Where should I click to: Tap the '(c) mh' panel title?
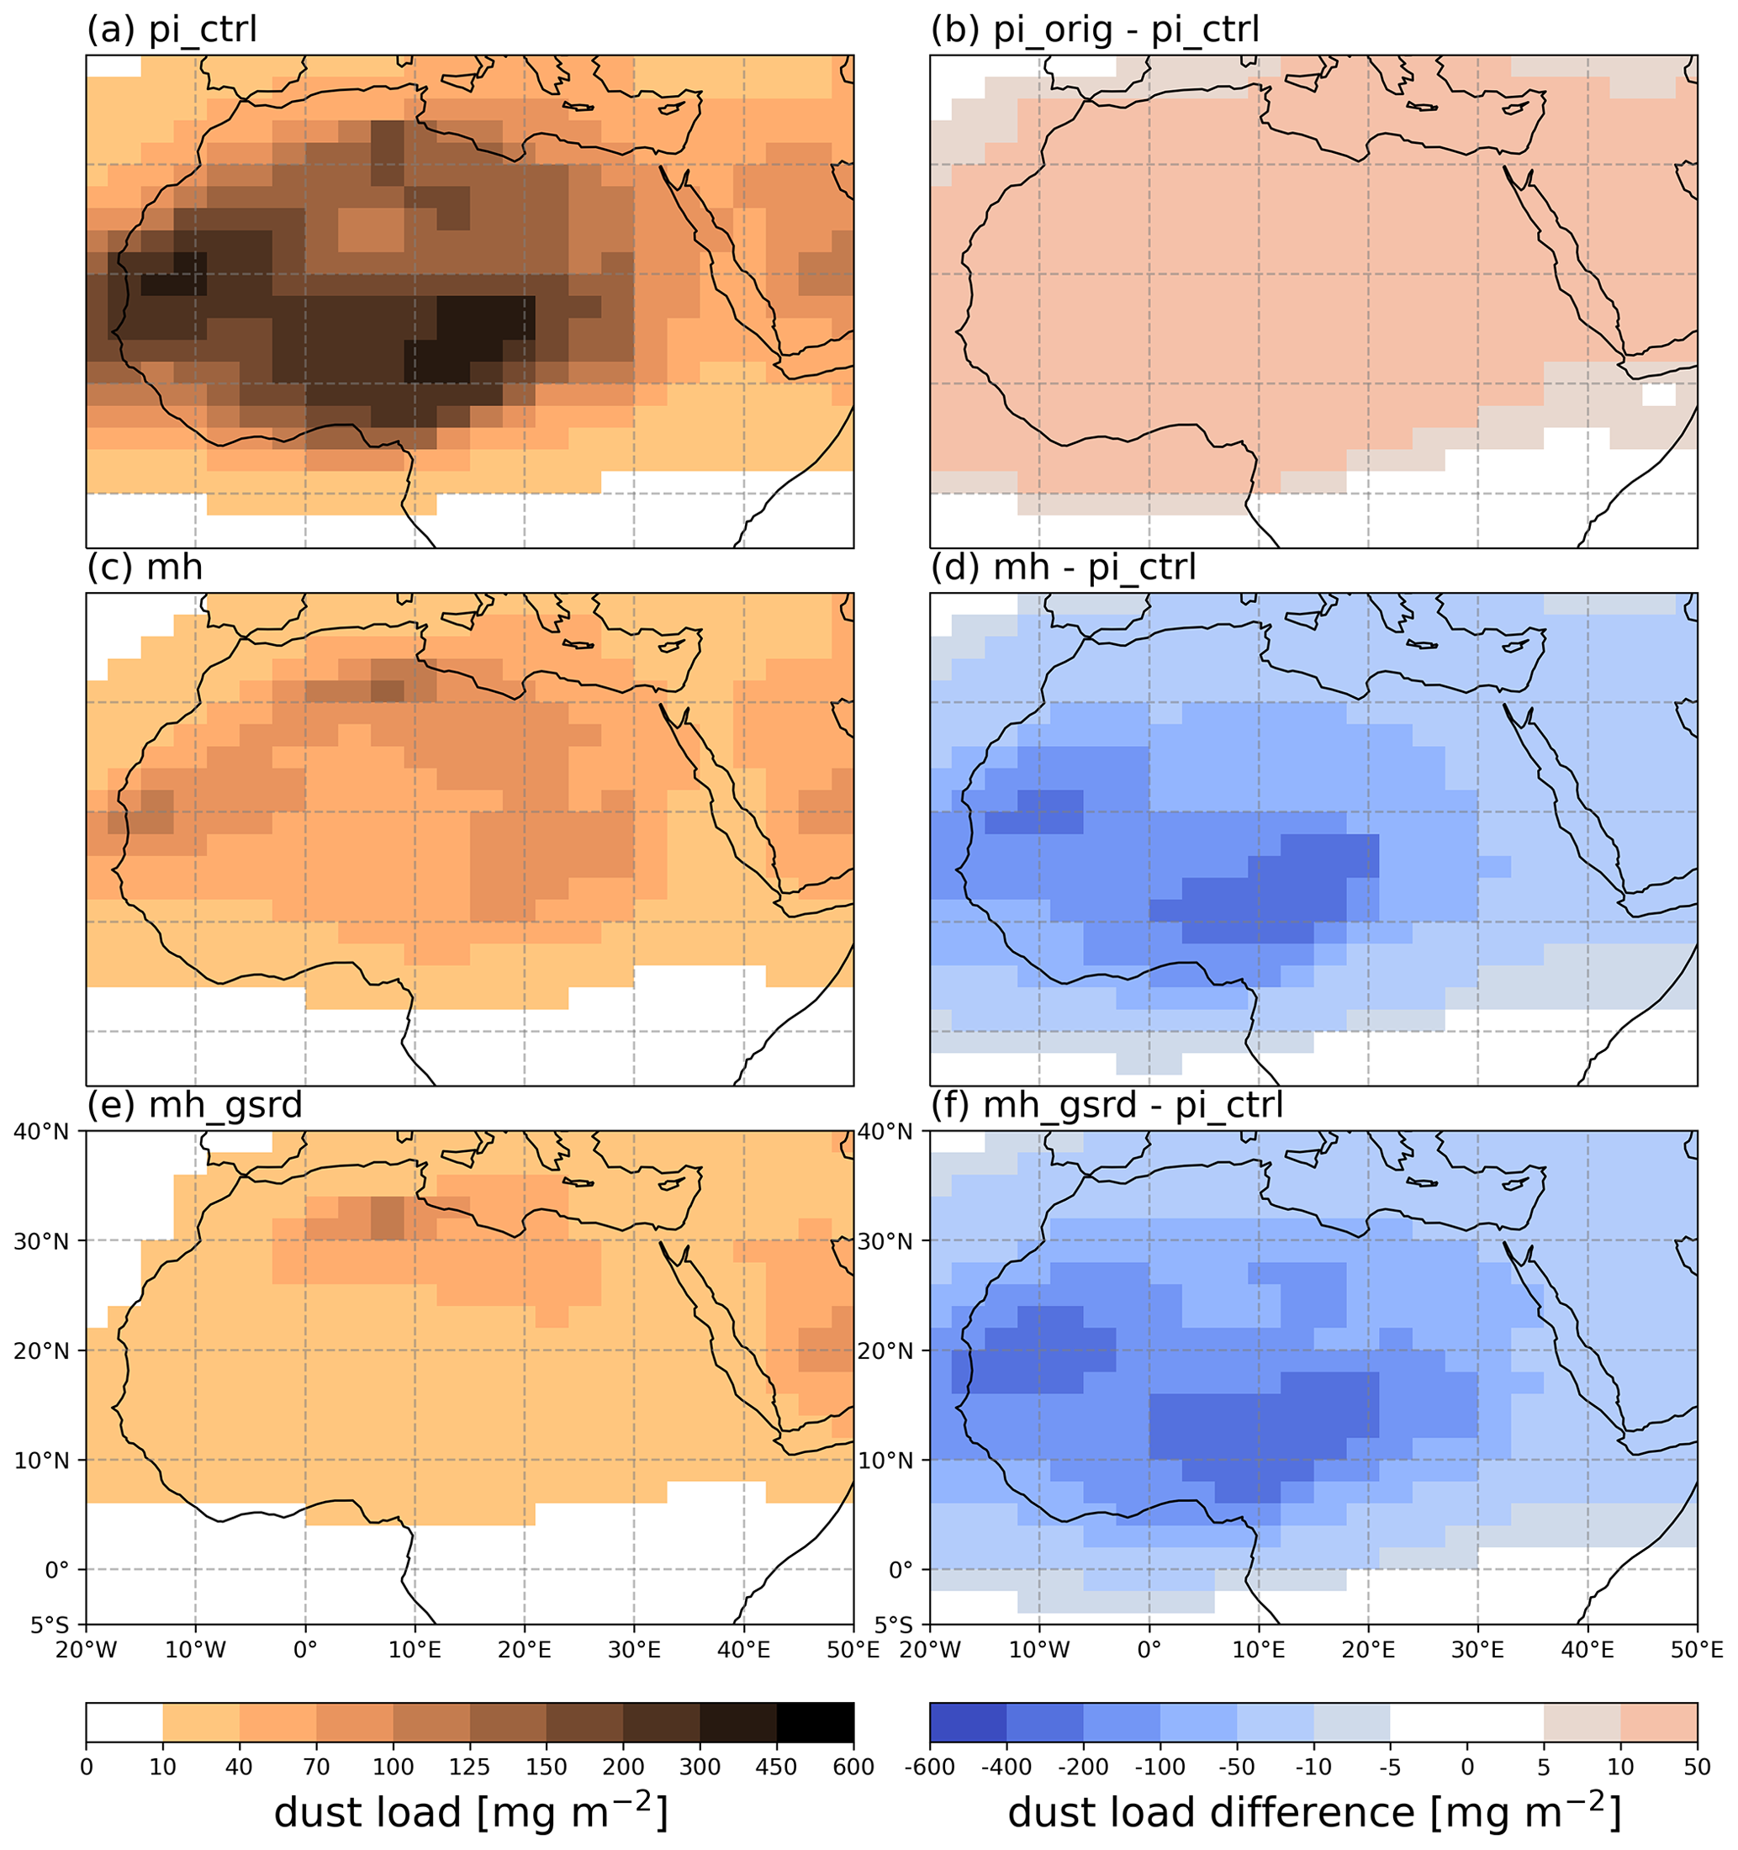tap(145, 568)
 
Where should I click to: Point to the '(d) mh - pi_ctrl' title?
tap(1063, 568)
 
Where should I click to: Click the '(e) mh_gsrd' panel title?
tap(194, 1106)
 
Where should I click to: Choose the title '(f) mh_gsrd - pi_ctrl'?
tap(1107, 1106)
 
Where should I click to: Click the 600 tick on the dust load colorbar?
tap(853, 1766)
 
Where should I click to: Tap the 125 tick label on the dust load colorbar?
tap(469, 1766)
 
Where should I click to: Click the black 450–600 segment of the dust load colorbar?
tap(815, 1722)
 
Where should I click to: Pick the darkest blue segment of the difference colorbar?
tap(968, 1722)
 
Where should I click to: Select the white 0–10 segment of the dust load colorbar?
tap(124, 1722)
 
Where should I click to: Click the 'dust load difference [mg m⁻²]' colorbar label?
tap(1313, 1813)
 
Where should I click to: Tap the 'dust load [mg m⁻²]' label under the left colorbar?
tap(470, 1813)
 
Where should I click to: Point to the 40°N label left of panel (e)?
tap(42, 1133)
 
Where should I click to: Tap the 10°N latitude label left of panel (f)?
tap(885, 1461)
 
